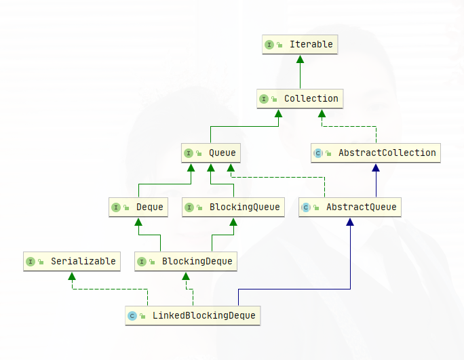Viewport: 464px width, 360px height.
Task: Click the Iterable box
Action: [300, 45]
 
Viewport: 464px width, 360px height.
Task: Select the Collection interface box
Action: [300, 99]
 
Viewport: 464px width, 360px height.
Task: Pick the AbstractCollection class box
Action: [376, 153]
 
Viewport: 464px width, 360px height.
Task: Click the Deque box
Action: [138, 207]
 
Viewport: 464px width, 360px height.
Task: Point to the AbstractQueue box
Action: [350, 207]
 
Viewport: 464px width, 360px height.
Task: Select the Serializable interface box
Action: [72, 261]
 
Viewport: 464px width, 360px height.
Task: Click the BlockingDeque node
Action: [186, 261]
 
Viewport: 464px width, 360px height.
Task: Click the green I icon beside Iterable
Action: [269, 45]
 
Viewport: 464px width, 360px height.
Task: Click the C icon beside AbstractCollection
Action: [317, 153]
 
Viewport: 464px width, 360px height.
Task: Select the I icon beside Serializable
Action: [31, 261]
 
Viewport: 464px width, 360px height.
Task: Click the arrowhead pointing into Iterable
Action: [300, 59]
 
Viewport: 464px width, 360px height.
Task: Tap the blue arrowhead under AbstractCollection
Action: [376, 167]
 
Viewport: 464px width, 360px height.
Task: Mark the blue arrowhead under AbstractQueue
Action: [350, 222]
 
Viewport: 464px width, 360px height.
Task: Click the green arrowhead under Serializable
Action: [72, 276]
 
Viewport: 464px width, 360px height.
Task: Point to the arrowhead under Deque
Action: [138, 222]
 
